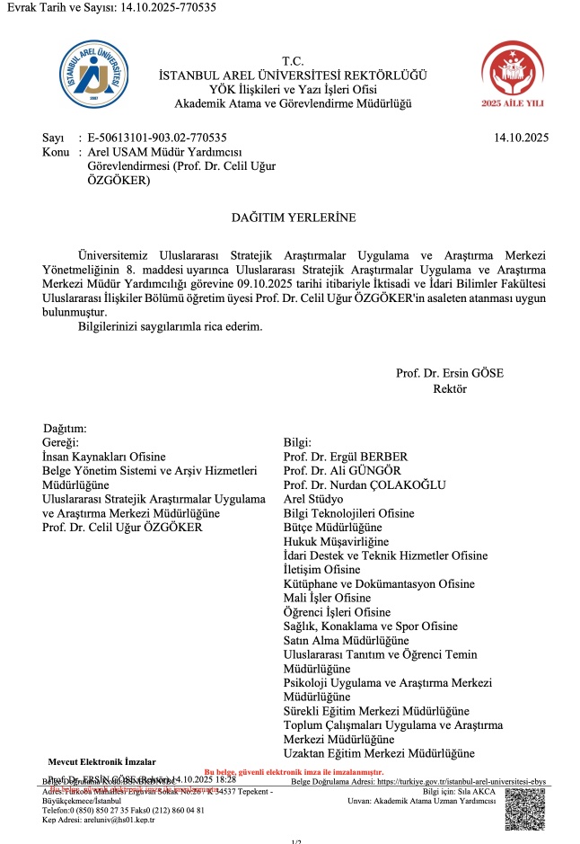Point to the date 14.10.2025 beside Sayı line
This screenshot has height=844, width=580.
pos(521,138)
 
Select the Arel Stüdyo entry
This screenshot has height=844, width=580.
pos(313,499)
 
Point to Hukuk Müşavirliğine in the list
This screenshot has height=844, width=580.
pos(336,541)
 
